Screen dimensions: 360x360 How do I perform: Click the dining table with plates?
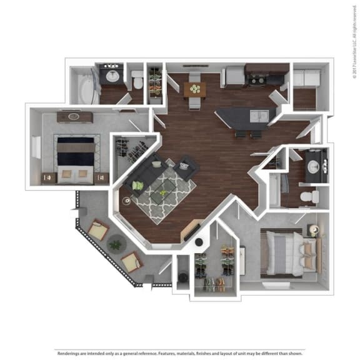(x=195, y=89)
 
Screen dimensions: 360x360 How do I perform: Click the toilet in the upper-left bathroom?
(x=137, y=79)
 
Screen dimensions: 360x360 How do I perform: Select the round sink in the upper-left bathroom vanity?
(x=112, y=77)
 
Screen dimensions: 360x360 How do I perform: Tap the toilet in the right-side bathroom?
(x=307, y=197)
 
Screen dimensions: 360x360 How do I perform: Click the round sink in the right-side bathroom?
(x=312, y=166)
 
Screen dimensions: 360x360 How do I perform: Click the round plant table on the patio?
(x=115, y=243)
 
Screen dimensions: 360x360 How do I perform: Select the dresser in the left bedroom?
(x=74, y=117)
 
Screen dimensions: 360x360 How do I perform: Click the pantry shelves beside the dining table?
(x=154, y=84)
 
